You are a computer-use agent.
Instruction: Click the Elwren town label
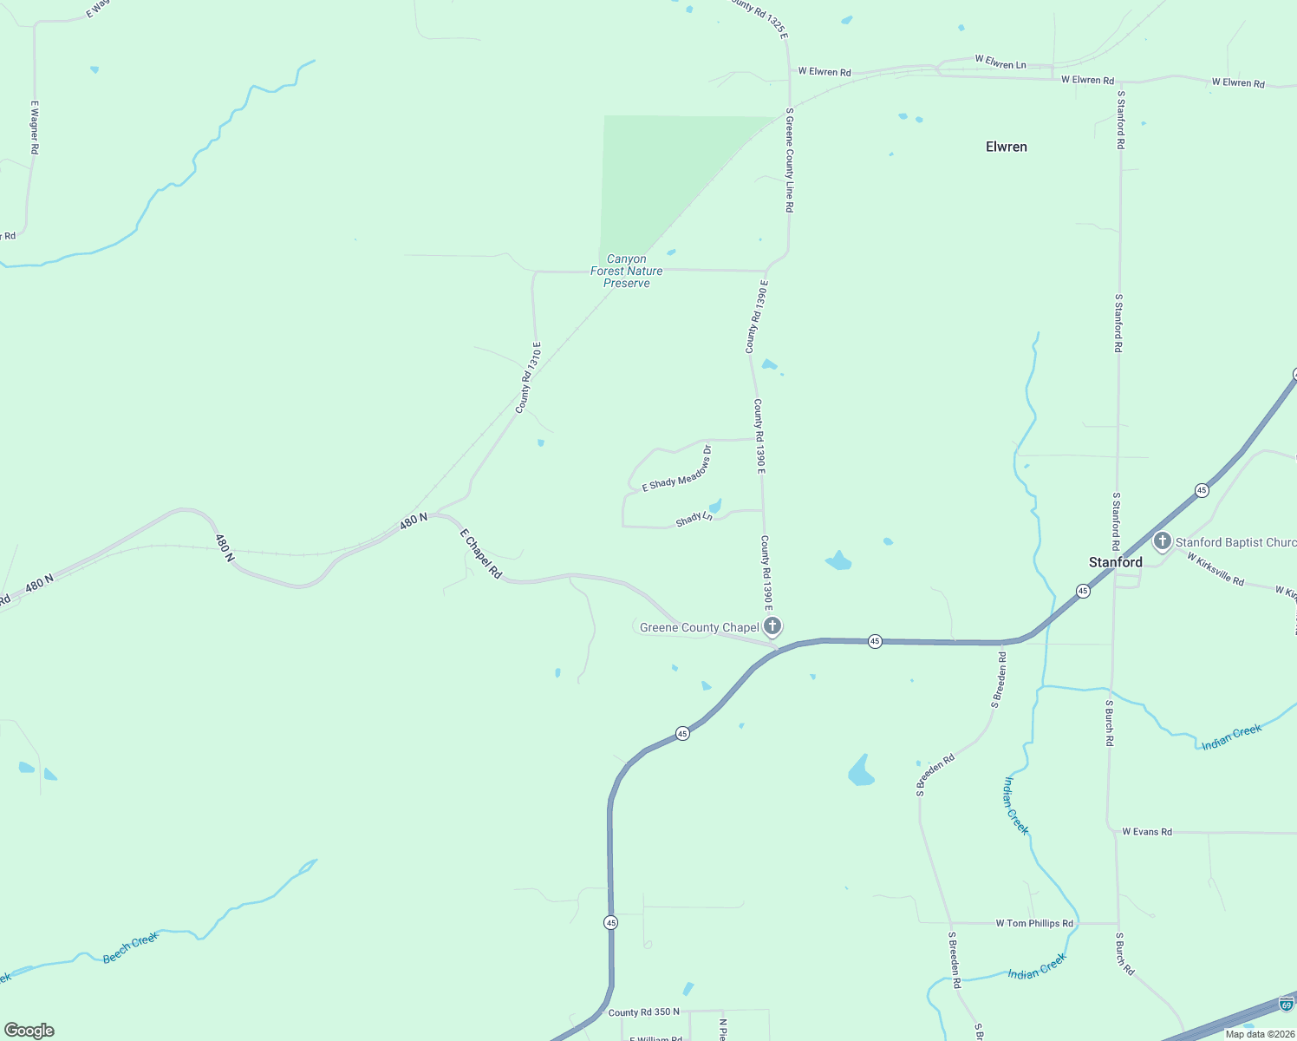pyautogui.click(x=1006, y=147)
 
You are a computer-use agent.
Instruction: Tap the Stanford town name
pyautogui.click(x=1115, y=562)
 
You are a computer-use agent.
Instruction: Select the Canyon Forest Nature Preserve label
pyautogui.click(x=626, y=271)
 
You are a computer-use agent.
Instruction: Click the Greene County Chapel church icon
pyautogui.click(x=772, y=625)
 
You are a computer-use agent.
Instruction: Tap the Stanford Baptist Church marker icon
pyautogui.click(x=1162, y=541)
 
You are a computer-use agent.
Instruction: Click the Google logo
pyautogui.click(x=29, y=1031)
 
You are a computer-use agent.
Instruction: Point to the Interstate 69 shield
pyautogui.click(x=1287, y=1004)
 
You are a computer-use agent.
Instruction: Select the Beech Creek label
pyautogui.click(x=131, y=947)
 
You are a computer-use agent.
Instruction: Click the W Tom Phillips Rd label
pyautogui.click(x=1034, y=923)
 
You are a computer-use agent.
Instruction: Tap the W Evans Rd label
pyautogui.click(x=1146, y=832)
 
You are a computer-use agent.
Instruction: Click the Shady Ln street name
pyautogui.click(x=694, y=519)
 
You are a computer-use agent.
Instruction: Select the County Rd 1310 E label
pyautogui.click(x=528, y=377)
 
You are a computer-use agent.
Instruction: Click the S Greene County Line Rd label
pyautogui.click(x=789, y=160)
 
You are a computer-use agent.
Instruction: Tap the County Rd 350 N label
pyautogui.click(x=643, y=1012)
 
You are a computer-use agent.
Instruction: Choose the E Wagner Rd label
pyautogui.click(x=35, y=127)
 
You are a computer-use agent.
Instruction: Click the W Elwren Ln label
pyautogui.click(x=1000, y=62)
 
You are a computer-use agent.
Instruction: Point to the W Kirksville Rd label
pyautogui.click(x=1215, y=569)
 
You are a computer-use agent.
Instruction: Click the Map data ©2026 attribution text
pyautogui.click(x=1259, y=1033)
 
